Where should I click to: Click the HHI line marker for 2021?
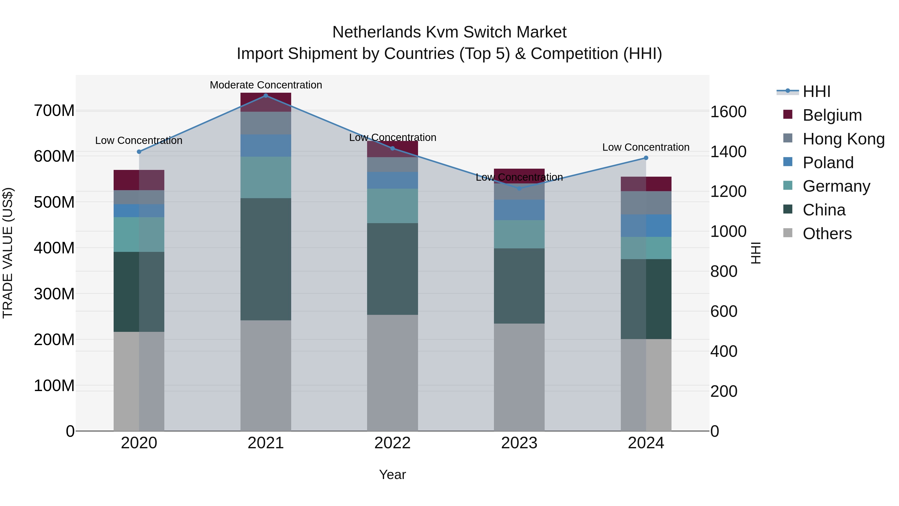point(266,96)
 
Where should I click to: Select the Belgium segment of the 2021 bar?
point(266,102)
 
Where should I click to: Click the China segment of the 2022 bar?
point(392,269)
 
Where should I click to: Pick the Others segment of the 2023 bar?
point(519,377)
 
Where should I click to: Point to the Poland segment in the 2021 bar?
point(266,146)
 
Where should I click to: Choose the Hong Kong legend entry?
point(844,139)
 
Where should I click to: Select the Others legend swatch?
point(788,233)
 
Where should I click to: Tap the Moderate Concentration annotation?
point(266,85)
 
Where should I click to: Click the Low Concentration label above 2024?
point(646,147)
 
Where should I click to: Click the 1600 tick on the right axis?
point(728,112)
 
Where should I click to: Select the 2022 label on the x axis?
point(392,443)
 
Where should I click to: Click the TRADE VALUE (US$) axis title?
point(8,253)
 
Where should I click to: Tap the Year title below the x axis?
point(392,475)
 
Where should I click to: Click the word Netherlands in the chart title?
point(376,32)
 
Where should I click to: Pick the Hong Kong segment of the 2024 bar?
point(646,203)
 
